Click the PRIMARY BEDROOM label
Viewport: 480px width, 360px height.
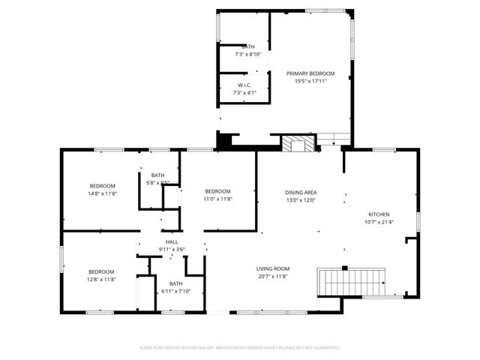click(310, 73)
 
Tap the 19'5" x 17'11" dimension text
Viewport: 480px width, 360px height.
click(310, 81)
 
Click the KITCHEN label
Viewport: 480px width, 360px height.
click(379, 214)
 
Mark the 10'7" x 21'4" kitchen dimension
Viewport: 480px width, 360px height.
click(379, 221)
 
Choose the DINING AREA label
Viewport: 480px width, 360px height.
click(300, 193)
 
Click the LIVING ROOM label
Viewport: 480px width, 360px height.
click(273, 268)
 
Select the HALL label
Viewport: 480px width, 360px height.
click(172, 241)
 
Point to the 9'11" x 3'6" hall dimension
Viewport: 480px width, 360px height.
click(172, 249)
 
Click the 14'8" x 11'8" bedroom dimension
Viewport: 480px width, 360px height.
click(103, 193)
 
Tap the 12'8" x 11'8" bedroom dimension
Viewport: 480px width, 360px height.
click(101, 279)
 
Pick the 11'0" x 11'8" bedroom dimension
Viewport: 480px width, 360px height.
click(217, 199)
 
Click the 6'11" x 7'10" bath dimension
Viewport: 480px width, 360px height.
click(175, 291)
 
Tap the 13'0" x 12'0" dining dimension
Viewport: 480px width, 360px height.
click(300, 200)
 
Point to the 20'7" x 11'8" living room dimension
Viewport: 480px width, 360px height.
click(273, 276)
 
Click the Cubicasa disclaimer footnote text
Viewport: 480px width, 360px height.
click(240, 348)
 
